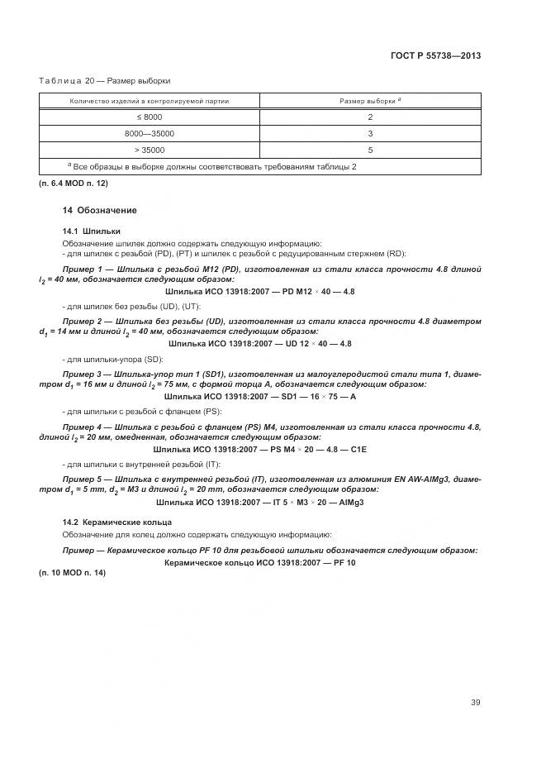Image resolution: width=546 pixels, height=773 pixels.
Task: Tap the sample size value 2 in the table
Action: coord(370,117)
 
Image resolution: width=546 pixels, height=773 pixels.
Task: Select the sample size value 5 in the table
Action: coord(370,150)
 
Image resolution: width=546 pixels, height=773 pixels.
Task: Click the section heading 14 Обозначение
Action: coord(100,211)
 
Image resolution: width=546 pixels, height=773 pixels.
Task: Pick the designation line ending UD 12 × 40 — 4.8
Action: coord(259,343)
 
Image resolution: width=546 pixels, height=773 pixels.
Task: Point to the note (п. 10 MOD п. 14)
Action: coord(71,573)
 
